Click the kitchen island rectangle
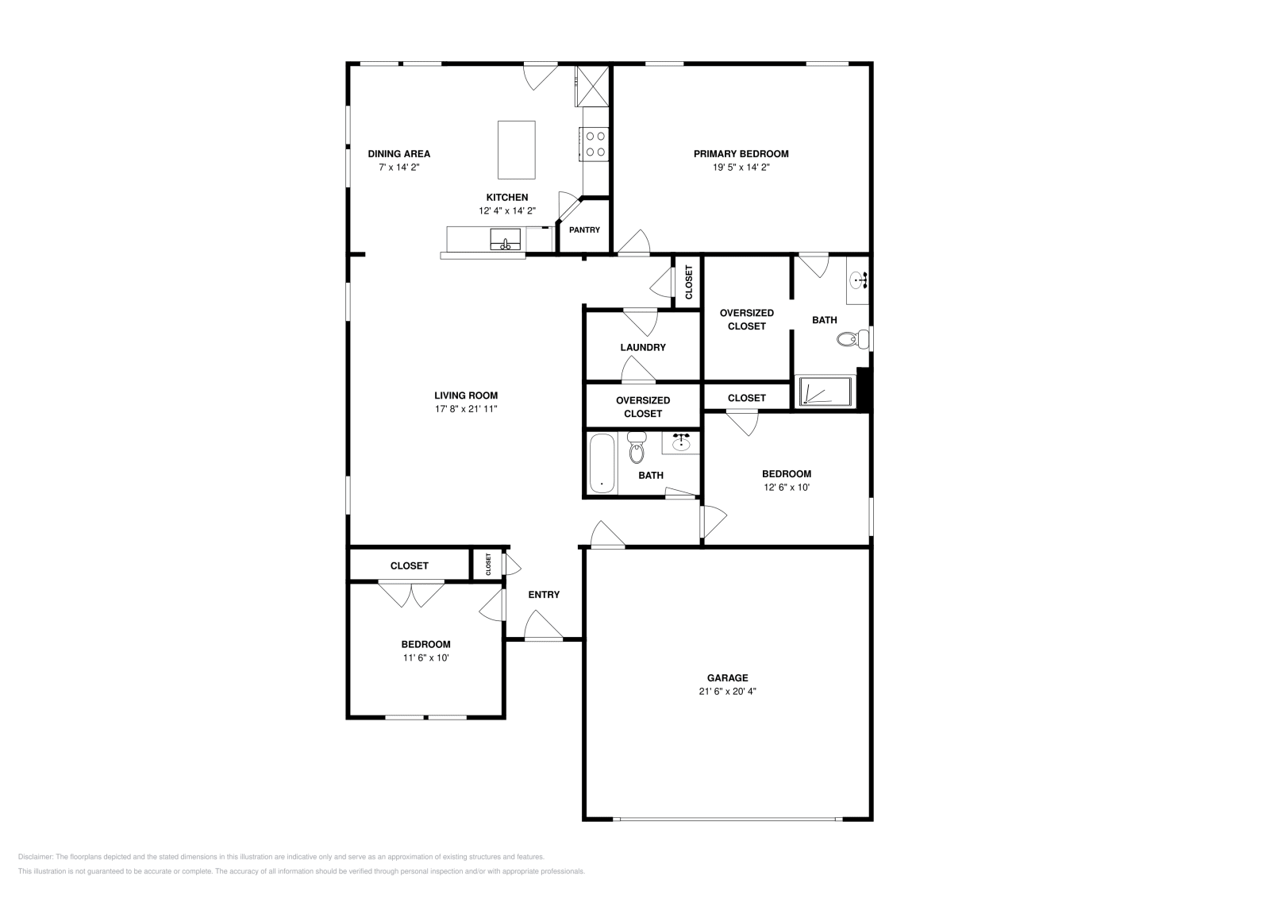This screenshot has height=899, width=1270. coord(516,149)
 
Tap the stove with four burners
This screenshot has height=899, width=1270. coord(595,144)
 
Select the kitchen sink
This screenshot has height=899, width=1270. coord(505,238)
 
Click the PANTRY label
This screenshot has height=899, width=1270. coord(584,230)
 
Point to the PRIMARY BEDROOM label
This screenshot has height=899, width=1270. coord(741,154)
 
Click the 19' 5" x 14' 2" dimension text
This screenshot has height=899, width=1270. coord(741,168)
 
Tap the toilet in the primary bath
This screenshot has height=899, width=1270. coord(850,340)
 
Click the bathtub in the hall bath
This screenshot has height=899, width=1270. coord(602,464)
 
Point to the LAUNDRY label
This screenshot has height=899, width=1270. coord(643,347)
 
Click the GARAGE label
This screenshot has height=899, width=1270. coord(727,677)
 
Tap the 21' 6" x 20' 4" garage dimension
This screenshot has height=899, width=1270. coord(727,692)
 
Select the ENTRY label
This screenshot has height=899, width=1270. coord(544,595)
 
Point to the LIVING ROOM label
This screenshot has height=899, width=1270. coord(466,395)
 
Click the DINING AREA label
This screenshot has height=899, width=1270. coord(398,154)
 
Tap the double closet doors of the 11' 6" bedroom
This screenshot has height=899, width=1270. coord(411,594)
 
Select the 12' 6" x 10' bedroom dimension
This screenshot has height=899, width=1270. coord(786,488)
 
